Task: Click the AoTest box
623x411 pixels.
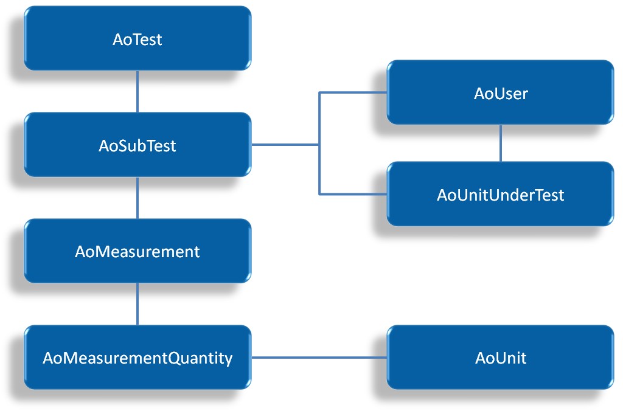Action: (137, 39)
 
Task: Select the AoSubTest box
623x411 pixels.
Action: (137, 145)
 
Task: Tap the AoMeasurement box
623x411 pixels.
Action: (137, 251)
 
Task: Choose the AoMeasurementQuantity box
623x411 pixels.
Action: (137, 357)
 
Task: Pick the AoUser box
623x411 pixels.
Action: (500, 93)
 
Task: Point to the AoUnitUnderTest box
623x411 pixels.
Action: (500, 195)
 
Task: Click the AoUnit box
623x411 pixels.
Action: (500, 357)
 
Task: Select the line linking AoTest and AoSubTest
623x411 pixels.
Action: (137, 91)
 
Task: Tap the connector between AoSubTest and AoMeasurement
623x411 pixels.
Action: (137, 198)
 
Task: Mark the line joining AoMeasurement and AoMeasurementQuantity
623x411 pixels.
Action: (137, 304)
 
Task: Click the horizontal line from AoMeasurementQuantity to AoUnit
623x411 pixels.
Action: (319, 357)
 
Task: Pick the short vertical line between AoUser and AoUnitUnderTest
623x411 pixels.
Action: (501, 143)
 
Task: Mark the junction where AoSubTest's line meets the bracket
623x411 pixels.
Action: (319, 145)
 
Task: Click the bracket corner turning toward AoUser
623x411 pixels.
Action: (319, 92)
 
